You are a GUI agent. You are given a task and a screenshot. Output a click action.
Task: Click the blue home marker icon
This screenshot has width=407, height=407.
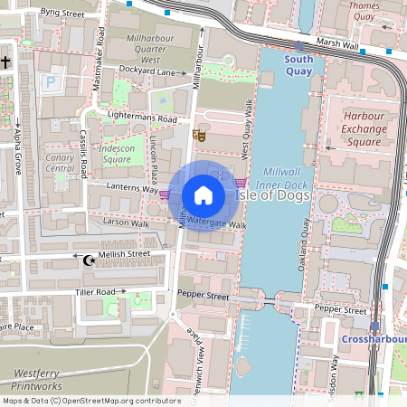[x=203, y=195]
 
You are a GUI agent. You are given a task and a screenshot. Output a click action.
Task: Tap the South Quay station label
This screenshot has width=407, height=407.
[x=298, y=64]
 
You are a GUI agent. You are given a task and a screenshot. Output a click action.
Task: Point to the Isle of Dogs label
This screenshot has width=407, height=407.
[x=272, y=195]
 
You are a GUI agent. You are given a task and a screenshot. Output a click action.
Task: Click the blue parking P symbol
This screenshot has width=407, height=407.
[x=51, y=82]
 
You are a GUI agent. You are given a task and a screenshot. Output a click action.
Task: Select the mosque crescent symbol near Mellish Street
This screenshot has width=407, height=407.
[x=89, y=260]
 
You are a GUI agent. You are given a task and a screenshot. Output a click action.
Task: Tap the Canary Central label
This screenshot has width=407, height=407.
[x=60, y=162]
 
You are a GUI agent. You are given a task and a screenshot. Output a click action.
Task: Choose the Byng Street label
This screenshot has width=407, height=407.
[x=62, y=14]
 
